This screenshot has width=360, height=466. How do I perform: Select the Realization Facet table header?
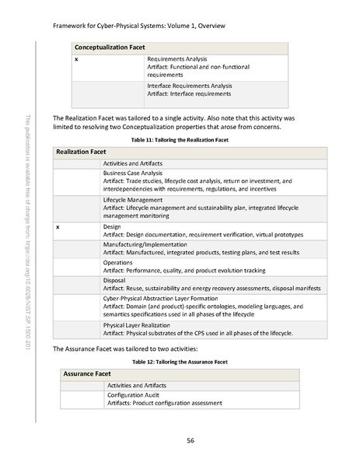[85, 152]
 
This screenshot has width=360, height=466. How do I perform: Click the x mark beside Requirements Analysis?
[75, 59]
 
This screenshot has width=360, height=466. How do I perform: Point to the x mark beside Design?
[59, 227]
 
